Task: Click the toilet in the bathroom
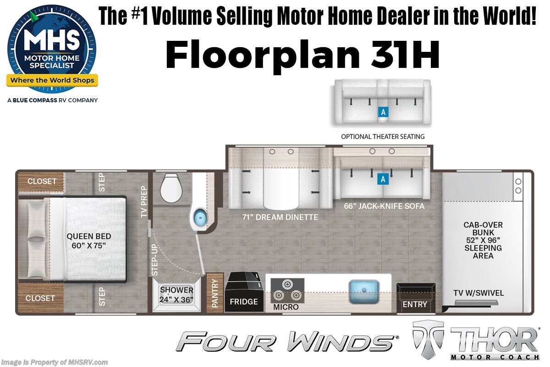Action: [x=171, y=188]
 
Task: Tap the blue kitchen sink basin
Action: [x=364, y=292]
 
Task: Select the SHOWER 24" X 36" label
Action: [x=176, y=295]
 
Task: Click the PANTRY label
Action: [x=215, y=293]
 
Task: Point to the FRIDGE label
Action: [x=244, y=301]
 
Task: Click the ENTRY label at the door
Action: [x=415, y=304]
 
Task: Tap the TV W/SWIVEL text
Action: [x=478, y=293]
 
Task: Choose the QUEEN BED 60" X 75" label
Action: [x=88, y=241]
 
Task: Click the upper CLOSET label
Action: [x=42, y=181]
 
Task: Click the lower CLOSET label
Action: [x=40, y=298]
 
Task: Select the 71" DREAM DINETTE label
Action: [x=280, y=217]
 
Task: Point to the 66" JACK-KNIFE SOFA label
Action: [x=384, y=206]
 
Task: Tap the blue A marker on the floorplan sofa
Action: [x=383, y=179]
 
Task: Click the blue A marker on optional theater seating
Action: [x=383, y=112]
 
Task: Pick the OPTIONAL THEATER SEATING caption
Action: [x=383, y=137]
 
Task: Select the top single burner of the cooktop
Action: [x=287, y=284]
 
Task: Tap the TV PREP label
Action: [x=144, y=201]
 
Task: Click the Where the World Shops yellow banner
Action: [x=52, y=80]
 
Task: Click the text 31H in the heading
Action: [x=405, y=55]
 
